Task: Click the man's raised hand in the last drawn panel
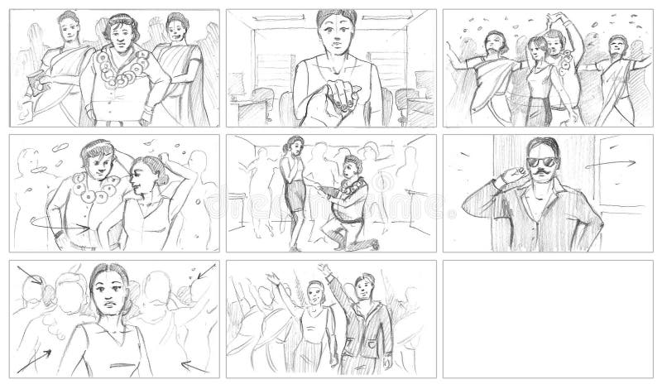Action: click(324, 270)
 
